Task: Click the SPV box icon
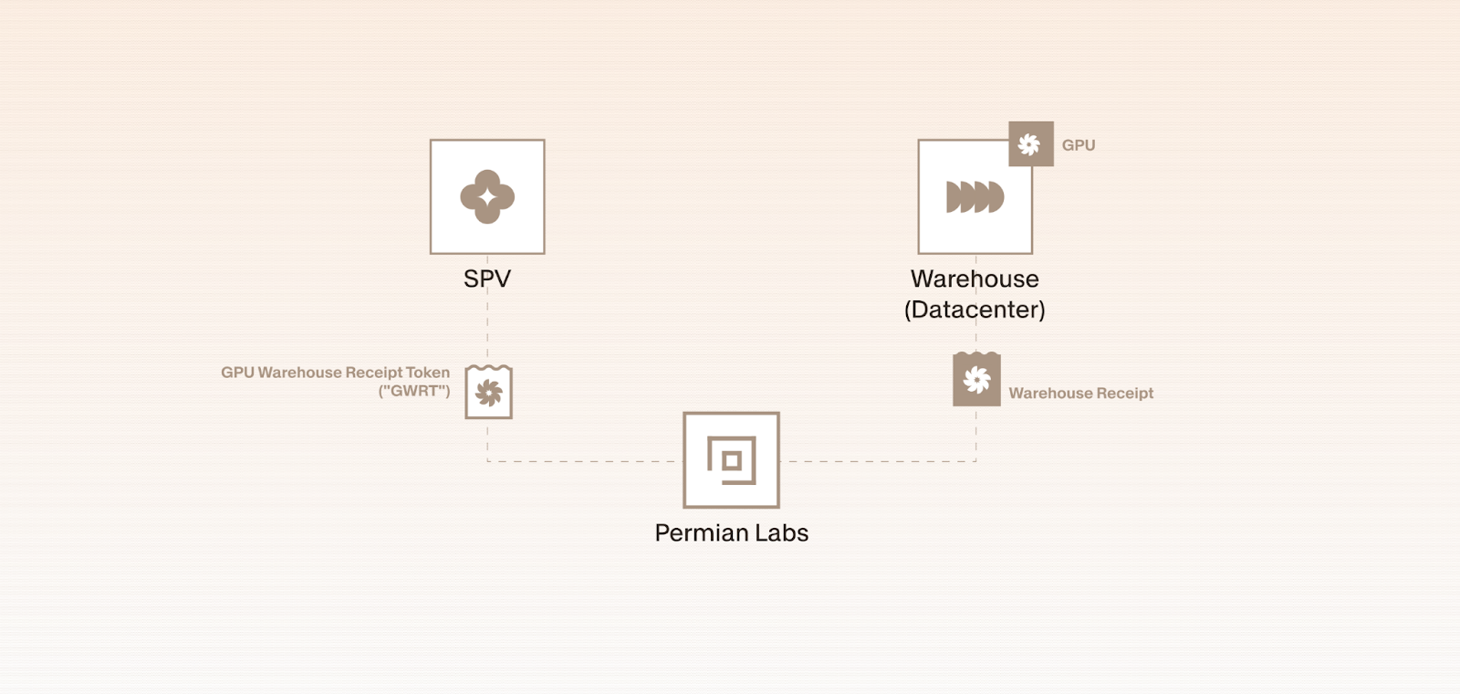487,196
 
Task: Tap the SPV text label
487,279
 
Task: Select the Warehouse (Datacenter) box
975,197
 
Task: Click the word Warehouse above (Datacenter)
975,279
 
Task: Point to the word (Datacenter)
975,310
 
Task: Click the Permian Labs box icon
731,459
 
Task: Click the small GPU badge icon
1030,144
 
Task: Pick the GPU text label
1078,145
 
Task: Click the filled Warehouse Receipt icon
976,379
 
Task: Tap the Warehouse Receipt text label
1080,394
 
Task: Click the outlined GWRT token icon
488,393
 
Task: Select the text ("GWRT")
414,391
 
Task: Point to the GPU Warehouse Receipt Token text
335,373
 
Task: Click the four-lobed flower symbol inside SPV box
487,196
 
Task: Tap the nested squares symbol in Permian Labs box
731,460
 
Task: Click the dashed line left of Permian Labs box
584,461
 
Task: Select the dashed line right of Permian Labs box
876,461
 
